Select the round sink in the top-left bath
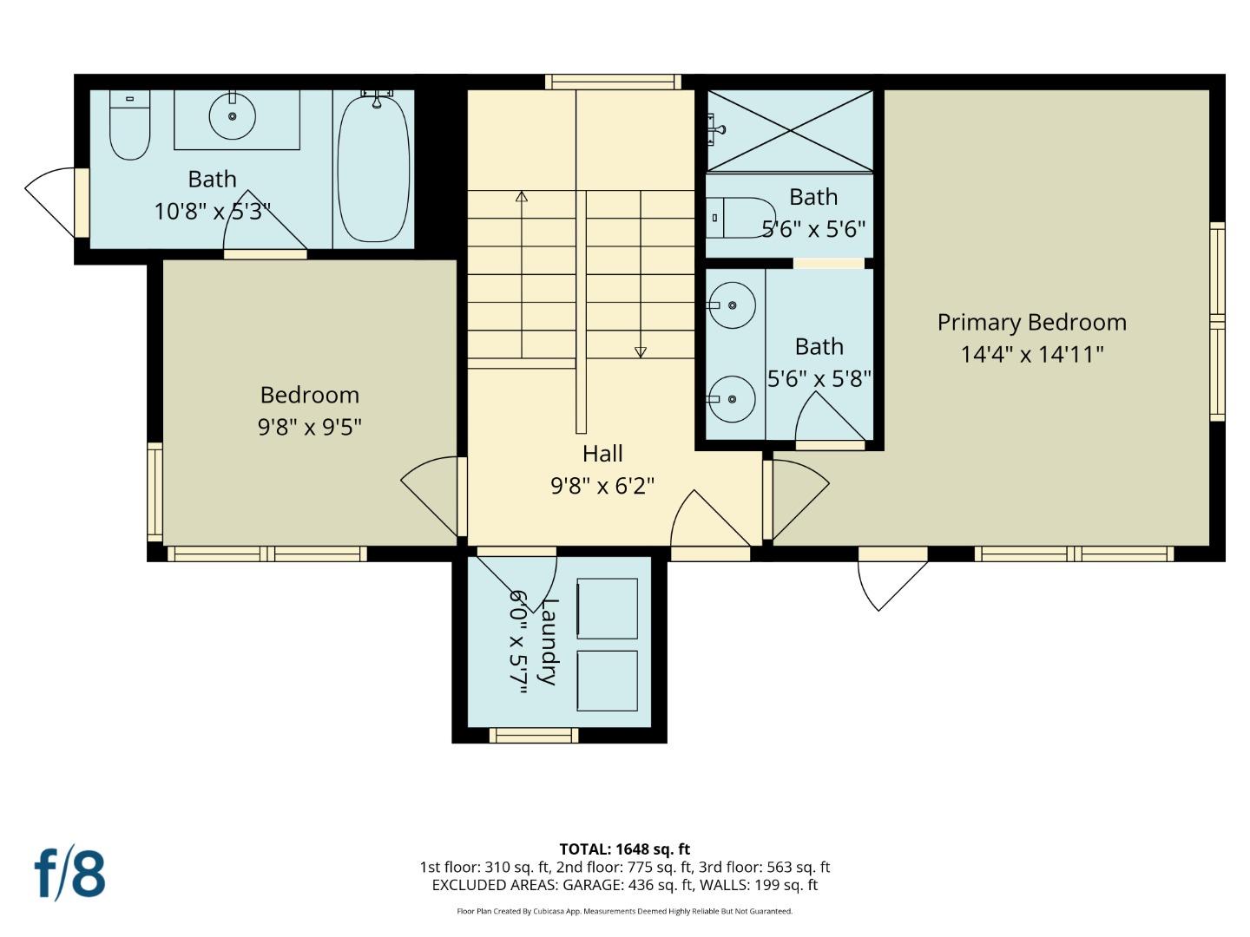(232, 115)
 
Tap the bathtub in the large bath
(373, 168)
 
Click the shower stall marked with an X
(789, 130)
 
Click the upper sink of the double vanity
(731, 305)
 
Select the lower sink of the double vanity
(731, 399)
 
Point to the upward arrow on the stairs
(522, 197)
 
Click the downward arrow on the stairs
(641, 351)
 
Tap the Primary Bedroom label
(1031, 323)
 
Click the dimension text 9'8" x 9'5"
(309, 427)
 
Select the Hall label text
(602, 454)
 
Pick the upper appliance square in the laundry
(607, 608)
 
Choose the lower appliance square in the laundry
(607, 681)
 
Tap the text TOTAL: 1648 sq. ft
(624, 849)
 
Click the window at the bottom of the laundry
(533, 736)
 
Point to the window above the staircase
(613, 82)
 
